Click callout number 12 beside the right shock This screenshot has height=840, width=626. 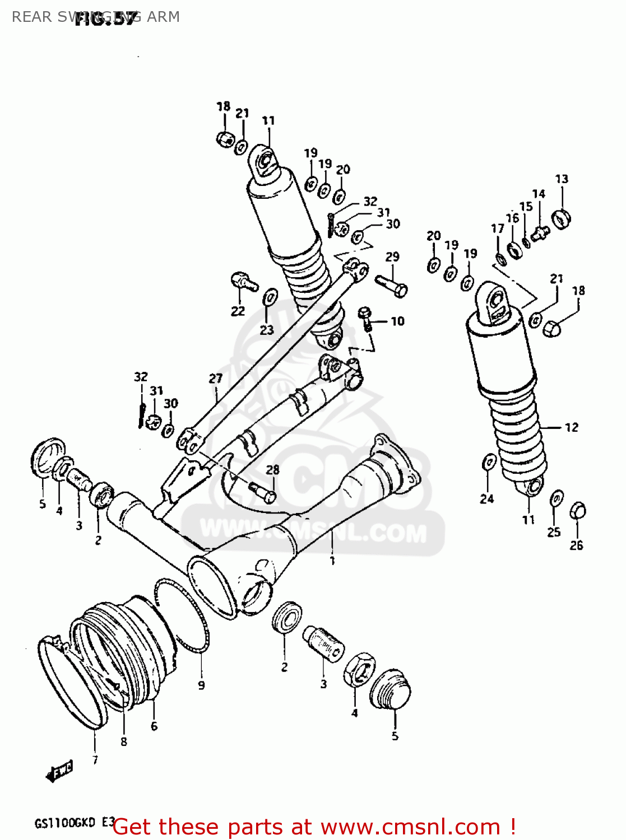click(x=571, y=427)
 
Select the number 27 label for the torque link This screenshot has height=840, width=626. click(x=216, y=379)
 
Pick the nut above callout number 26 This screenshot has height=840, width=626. click(x=578, y=511)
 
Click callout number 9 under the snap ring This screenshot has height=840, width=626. click(x=201, y=684)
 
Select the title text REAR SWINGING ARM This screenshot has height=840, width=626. click(x=96, y=17)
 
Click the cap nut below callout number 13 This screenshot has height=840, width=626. click(x=561, y=218)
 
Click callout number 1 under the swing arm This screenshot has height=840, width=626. click(x=332, y=560)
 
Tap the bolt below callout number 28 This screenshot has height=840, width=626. click(x=262, y=491)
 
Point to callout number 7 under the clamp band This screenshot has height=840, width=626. click(x=95, y=760)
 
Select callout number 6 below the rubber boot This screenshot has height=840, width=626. click(x=154, y=726)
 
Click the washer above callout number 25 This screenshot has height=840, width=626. click(x=557, y=498)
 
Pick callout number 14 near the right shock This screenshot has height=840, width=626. click(x=538, y=194)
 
